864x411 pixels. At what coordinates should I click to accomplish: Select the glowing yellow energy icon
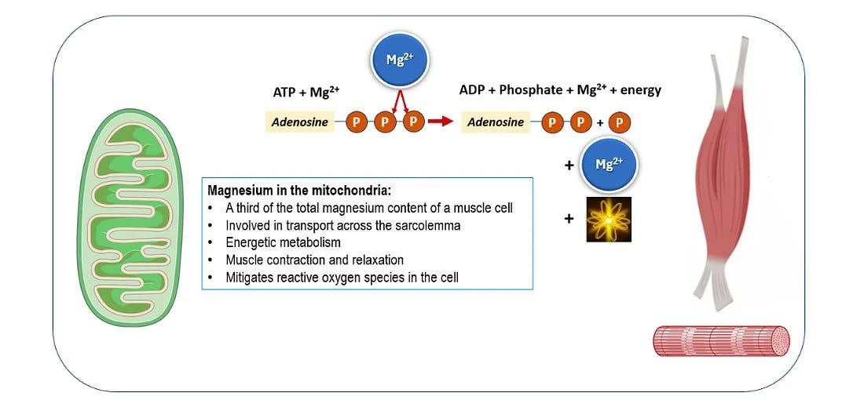point(608,220)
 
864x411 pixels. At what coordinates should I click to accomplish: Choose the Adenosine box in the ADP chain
point(496,122)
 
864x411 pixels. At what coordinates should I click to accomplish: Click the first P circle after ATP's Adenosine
point(357,122)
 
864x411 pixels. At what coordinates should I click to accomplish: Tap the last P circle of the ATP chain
point(414,122)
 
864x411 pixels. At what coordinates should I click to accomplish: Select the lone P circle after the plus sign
point(620,122)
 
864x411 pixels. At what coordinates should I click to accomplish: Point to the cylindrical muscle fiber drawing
point(721,340)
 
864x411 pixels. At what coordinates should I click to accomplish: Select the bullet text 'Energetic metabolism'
point(284,242)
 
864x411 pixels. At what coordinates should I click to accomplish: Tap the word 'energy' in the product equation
point(640,91)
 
